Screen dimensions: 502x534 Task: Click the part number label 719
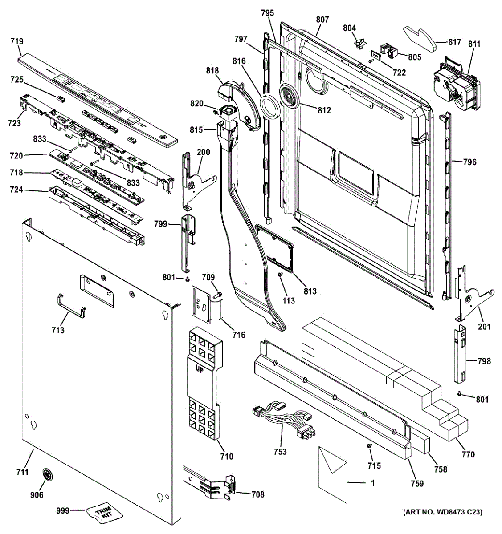coord(17,41)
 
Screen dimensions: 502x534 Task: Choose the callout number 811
coord(474,44)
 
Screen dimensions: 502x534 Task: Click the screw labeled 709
coord(216,295)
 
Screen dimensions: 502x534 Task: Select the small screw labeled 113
coord(280,274)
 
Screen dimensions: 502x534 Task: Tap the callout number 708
coord(257,494)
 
